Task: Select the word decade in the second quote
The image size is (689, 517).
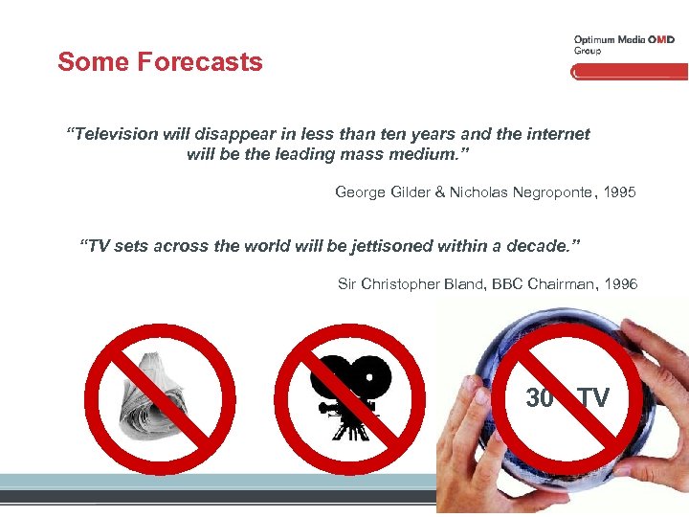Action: click(537, 246)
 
